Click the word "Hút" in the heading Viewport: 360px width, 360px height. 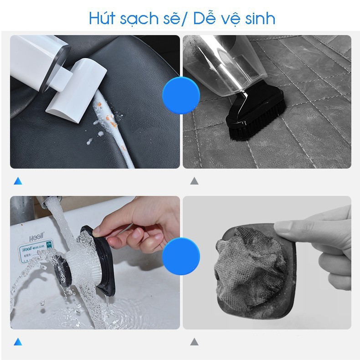pyautogui.click(x=103, y=19)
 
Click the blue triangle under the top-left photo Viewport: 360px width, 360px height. pyautogui.click(x=18, y=181)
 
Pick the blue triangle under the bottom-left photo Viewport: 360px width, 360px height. pyautogui.click(x=18, y=341)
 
